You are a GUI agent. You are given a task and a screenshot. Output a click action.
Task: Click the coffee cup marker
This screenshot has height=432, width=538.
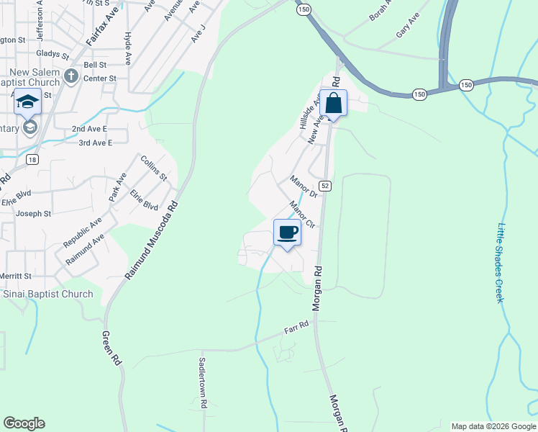(287, 233)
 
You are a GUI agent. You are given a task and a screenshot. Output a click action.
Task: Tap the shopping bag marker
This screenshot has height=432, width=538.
(333, 103)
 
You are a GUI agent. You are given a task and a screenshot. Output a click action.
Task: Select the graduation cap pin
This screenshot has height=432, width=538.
(27, 102)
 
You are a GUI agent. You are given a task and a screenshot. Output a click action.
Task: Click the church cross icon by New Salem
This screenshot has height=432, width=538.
(70, 76)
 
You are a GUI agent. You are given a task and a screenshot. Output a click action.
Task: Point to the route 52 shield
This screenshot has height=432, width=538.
(325, 186)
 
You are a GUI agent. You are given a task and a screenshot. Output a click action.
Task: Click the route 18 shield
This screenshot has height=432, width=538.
(30, 160)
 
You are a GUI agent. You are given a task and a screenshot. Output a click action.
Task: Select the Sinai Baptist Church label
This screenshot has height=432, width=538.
(48, 294)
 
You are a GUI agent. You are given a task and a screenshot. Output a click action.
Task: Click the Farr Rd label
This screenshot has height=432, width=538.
(296, 328)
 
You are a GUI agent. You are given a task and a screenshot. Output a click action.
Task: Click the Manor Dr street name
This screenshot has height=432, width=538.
(304, 186)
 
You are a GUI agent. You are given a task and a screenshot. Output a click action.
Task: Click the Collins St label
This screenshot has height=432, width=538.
(154, 168)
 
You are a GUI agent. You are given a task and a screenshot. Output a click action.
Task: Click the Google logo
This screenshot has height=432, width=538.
(24, 423)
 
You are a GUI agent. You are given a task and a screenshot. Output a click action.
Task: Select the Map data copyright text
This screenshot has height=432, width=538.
(493, 426)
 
